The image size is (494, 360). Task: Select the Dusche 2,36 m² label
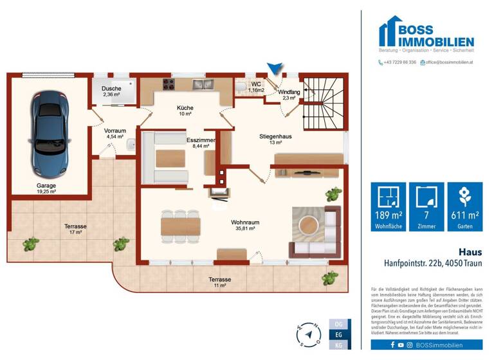112,91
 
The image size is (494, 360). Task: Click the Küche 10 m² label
185,111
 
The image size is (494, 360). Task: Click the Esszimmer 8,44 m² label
197,143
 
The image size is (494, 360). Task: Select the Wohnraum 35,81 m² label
244,224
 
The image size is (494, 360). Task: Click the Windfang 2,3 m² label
289,95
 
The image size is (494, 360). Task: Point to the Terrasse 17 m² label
75,230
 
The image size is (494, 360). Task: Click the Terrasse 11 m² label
219,283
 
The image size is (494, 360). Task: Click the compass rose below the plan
307,335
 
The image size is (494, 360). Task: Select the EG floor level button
339,334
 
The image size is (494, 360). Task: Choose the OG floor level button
339,324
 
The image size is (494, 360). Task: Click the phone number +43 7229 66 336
397,62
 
